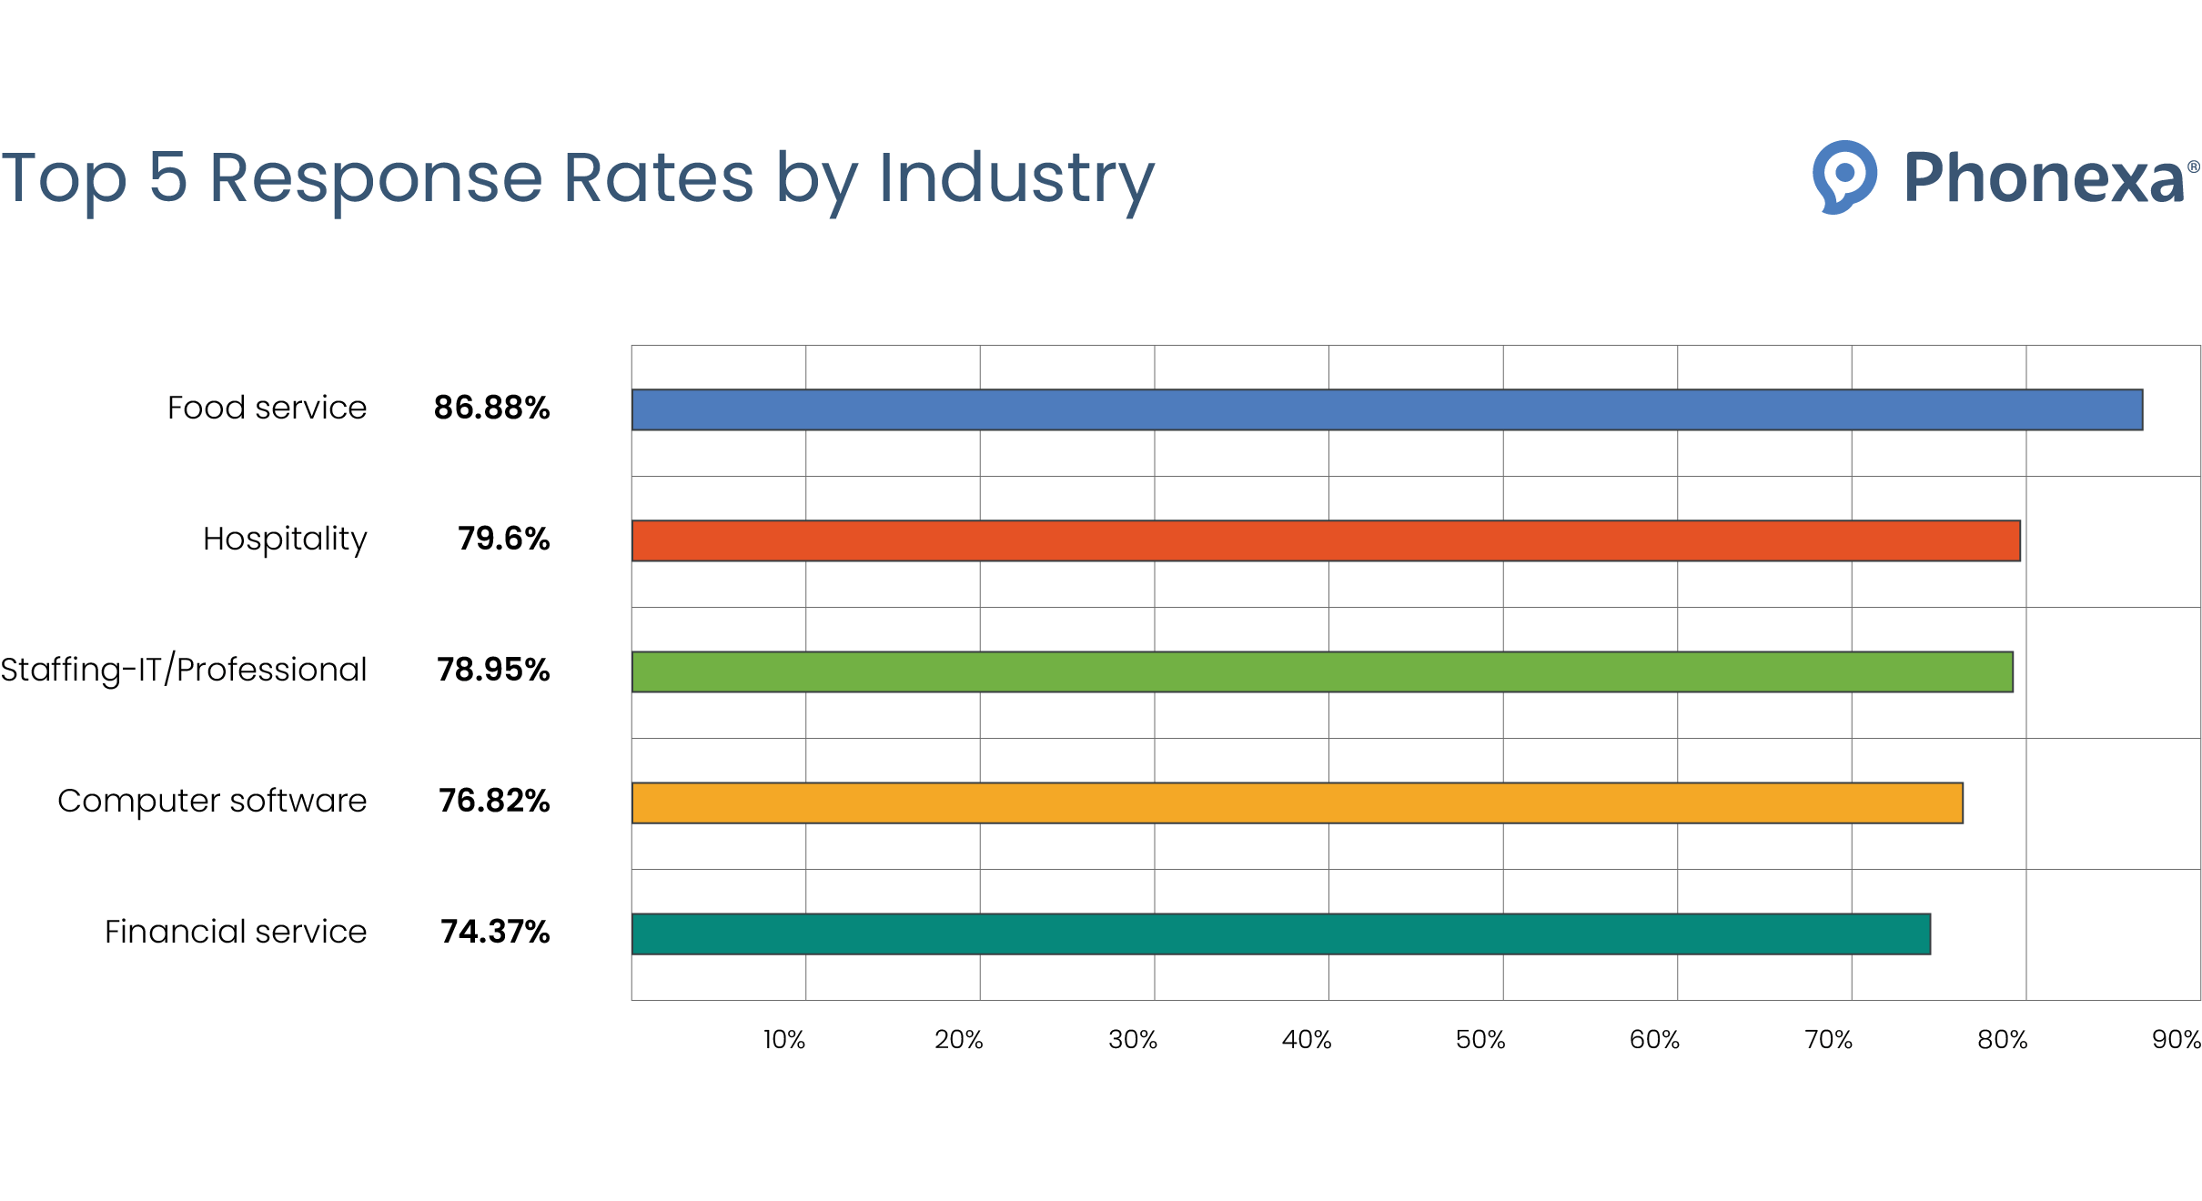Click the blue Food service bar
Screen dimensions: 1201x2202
pyautogui.click(x=1387, y=409)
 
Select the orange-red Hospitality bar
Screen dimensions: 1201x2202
pyautogui.click(x=1326, y=540)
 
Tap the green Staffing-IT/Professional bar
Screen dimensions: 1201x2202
pyautogui.click(x=1322, y=671)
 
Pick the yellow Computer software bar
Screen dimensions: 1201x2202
pyautogui.click(x=1297, y=802)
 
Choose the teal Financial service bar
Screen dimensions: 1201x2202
pyautogui.click(x=1280, y=934)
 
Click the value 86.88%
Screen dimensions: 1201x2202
pyautogui.click(x=491, y=408)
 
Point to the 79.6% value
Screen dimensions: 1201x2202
pyautogui.click(x=503, y=539)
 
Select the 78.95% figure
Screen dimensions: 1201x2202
pyautogui.click(x=493, y=670)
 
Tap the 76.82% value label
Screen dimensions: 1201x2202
pyautogui.click(x=494, y=801)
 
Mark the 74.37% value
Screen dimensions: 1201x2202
pyautogui.click(x=495, y=932)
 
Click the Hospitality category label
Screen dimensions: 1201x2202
pyautogui.click(x=285, y=539)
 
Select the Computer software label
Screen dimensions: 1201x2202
pyautogui.click(x=212, y=801)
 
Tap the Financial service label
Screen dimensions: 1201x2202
pyautogui.click(x=236, y=932)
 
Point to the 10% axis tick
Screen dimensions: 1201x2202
pyautogui.click(x=784, y=1039)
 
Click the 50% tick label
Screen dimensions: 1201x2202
pyautogui.click(x=1480, y=1039)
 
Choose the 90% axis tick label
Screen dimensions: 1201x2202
pyautogui.click(x=2176, y=1039)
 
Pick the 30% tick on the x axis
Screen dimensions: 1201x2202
pyautogui.click(x=1133, y=1039)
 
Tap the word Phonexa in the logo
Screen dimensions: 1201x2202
pyautogui.click(x=2044, y=177)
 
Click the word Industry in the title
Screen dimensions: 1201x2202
pyautogui.click(x=1016, y=178)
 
